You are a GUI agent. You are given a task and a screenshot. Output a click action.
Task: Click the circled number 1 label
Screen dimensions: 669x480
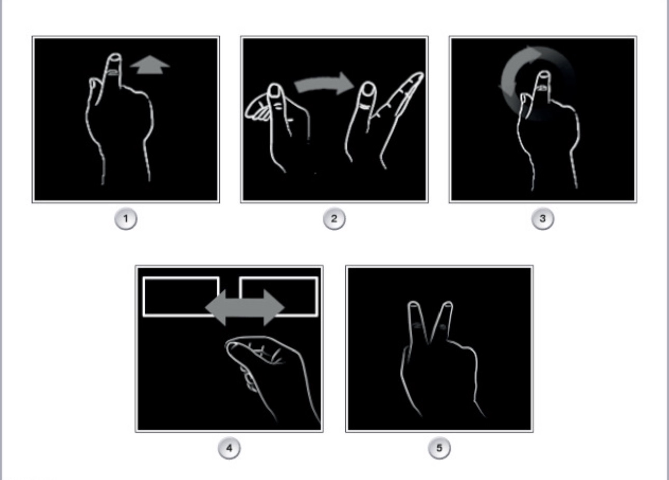pyautogui.click(x=126, y=219)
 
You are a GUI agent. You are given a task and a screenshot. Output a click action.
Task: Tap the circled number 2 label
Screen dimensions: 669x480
pyautogui.click(x=334, y=219)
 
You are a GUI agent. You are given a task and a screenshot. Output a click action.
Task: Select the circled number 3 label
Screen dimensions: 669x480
pyautogui.click(x=542, y=219)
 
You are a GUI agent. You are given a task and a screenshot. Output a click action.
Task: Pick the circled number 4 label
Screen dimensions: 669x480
pyautogui.click(x=229, y=448)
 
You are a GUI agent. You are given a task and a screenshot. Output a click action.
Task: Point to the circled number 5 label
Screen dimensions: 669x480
pyautogui.click(x=439, y=448)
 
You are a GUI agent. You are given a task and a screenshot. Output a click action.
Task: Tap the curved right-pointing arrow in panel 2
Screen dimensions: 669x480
pyautogui.click(x=324, y=84)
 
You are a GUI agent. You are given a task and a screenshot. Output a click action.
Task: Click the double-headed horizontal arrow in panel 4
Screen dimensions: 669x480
pyautogui.click(x=245, y=308)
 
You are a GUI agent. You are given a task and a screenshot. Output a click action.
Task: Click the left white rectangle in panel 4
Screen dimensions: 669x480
pyautogui.click(x=182, y=278)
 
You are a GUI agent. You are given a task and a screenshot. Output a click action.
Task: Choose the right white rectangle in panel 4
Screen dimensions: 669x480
pyautogui.click(x=279, y=278)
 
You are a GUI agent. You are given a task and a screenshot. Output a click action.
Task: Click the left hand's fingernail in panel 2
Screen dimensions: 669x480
pyautogui.click(x=275, y=90)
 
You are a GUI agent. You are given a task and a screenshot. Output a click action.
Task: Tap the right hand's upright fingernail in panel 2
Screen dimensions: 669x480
pyautogui.click(x=369, y=89)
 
